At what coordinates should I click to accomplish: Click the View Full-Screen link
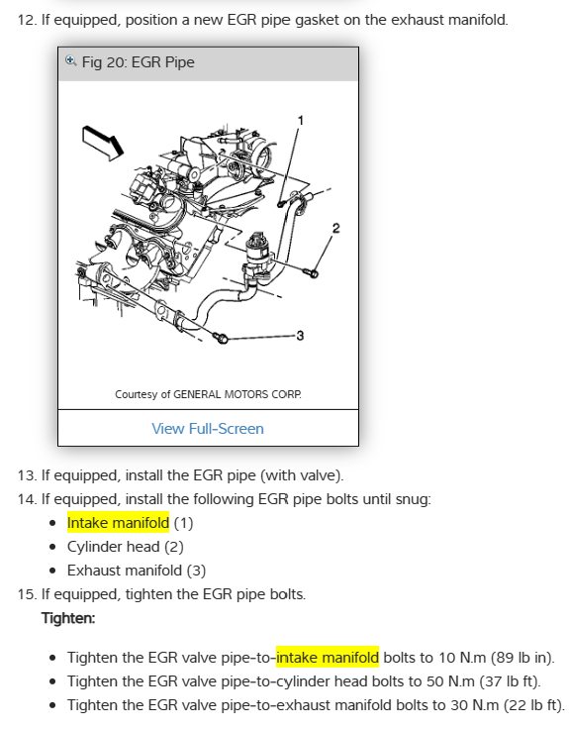click(208, 428)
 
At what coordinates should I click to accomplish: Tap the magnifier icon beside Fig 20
click(70, 60)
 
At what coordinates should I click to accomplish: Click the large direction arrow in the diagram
click(103, 143)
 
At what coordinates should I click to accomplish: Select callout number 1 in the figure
click(301, 121)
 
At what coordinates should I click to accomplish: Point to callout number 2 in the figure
click(335, 228)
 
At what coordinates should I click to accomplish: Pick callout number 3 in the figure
click(300, 335)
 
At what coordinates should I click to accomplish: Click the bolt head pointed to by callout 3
click(222, 338)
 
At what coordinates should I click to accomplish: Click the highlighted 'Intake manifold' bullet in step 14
click(118, 523)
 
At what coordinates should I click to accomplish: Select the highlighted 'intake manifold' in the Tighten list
click(328, 658)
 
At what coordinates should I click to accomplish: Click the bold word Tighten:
click(68, 618)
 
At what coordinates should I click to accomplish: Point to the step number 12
click(27, 20)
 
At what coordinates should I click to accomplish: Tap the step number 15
click(27, 594)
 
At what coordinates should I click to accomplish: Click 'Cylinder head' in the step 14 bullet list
click(113, 547)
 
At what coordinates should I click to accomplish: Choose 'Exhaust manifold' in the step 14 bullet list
click(125, 571)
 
